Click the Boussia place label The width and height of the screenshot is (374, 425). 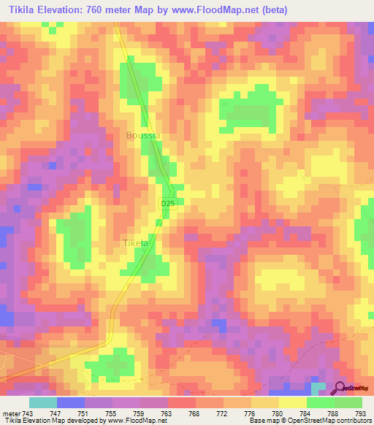(x=142, y=135)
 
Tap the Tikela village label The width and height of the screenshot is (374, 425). (x=136, y=243)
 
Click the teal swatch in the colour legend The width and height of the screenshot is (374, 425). (x=43, y=403)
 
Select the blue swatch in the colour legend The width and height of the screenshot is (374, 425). (x=71, y=403)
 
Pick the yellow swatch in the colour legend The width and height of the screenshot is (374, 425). (x=292, y=403)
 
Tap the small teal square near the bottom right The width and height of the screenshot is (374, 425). (x=319, y=387)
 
